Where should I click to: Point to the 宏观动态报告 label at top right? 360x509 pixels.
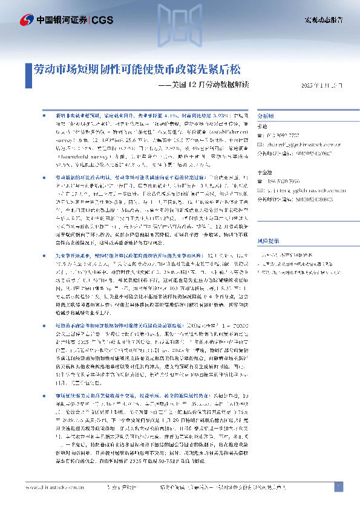click(324, 20)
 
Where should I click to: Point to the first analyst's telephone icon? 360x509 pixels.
click(260, 135)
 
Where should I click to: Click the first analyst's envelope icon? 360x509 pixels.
click(260, 143)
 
